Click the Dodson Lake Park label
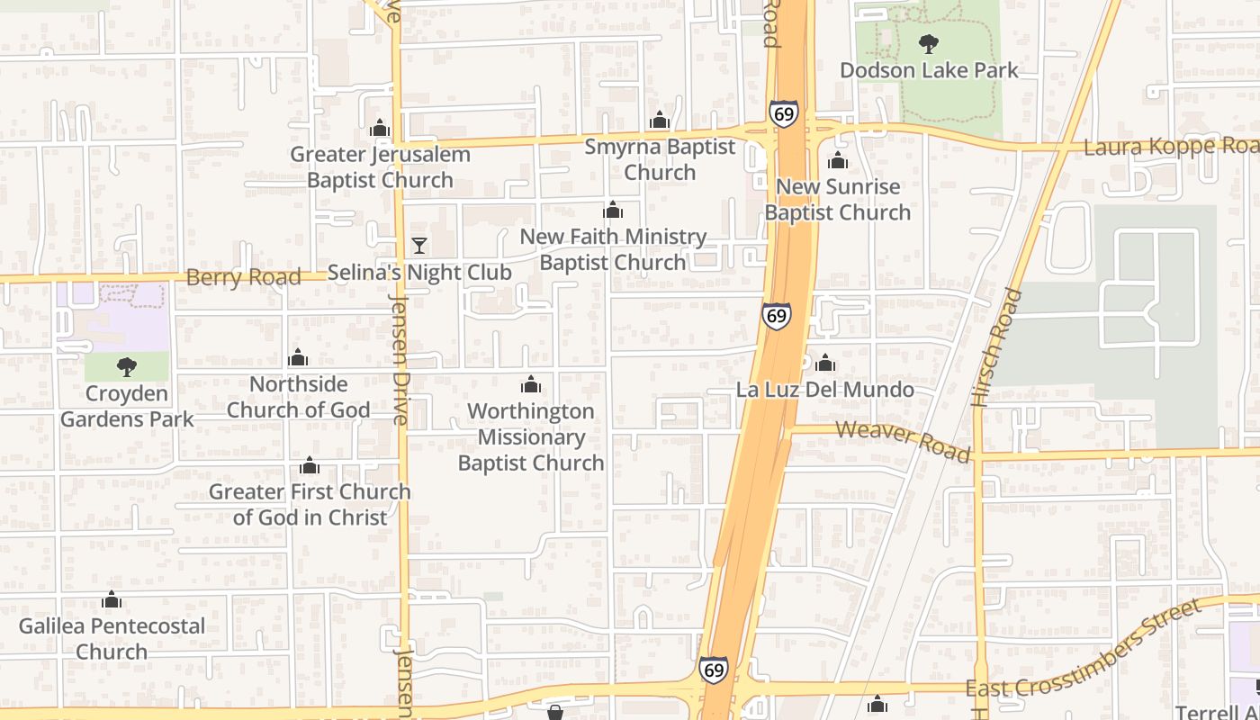(x=929, y=70)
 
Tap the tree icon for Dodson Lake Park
(x=929, y=43)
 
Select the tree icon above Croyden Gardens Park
(x=127, y=366)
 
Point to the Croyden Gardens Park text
(x=127, y=406)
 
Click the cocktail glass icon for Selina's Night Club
(x=418, y=245)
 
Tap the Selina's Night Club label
(x=419, y=272)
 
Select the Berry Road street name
(x=243, y=277)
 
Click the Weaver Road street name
(x=904, y=440)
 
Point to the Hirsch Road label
(x=997, y=347)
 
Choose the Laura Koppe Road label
(x=1170, y=147)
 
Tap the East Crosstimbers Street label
(x=1084, y=649)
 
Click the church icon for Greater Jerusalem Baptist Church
(x=380, y=129)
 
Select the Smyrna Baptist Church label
(x=660, y=159)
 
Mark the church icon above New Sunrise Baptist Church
(x=838, y=161)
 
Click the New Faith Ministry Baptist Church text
(x=613, y=249)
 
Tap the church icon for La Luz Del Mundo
(x=825, y=364)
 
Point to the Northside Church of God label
(x=298, y=397)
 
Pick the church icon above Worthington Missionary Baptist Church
(x=531, y=385)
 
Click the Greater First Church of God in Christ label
(x=310, y=504)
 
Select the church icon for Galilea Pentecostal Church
(x=112, y=599)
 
